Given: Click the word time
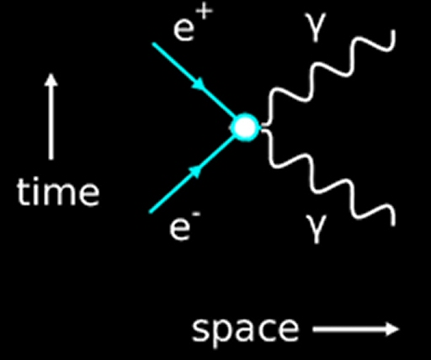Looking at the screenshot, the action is (58, 192).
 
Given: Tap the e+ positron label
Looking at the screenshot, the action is (193, 24).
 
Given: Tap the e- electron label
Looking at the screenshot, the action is (185, 226).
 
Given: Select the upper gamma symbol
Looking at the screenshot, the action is (316, 28).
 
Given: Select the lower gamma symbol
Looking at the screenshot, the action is (316, 228).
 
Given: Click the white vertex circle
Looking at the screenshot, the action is (245, 127).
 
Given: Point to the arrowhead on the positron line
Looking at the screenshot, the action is (198, 83).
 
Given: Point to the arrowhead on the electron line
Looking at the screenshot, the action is (195, 171).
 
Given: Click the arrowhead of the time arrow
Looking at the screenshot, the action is (51, 80).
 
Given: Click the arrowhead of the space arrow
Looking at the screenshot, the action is (392, 329).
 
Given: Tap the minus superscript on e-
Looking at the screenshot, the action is (197, 214).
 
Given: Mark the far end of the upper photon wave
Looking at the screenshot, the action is (394, 31).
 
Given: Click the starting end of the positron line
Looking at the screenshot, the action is (153, 44).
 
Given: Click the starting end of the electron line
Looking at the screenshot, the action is (151, 212).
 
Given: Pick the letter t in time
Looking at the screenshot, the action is (23, 193).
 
